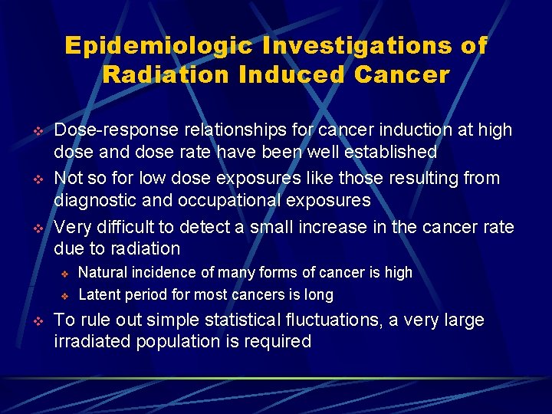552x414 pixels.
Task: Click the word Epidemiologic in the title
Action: [158, 46]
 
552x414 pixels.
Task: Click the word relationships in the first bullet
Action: [215, 131]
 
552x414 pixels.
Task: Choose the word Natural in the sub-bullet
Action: [103, 273]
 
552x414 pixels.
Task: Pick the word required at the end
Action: [280, 342]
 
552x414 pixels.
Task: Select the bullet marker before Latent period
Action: [65, 296]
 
